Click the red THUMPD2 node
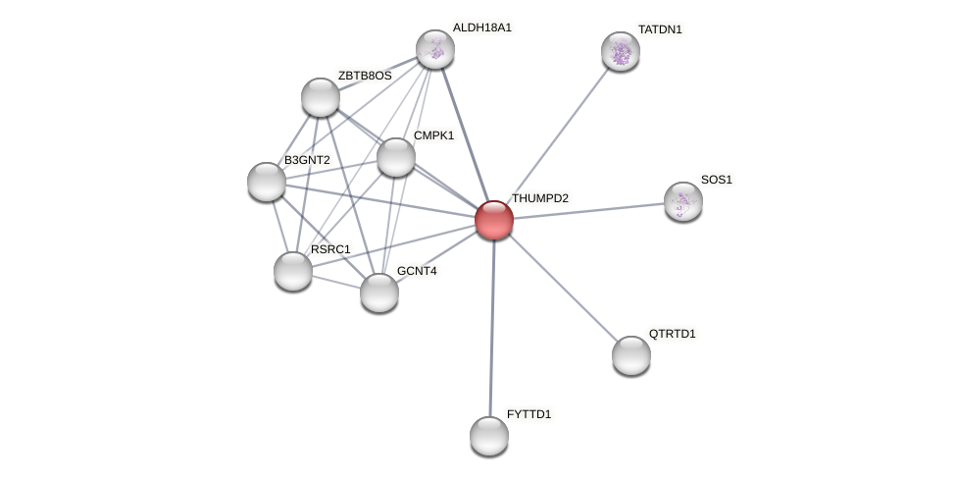coord(494,220)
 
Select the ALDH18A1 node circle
coord(435,49)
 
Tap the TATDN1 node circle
coord(621,51)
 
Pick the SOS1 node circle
coord(683,201)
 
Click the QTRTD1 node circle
coord(631,355)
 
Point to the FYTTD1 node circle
coord(489,436)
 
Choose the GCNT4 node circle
coord(379,293)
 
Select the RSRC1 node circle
coord(293,271)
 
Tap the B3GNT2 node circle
coord(267,182)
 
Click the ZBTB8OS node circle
coord(321,97)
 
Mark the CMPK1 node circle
coord(396,157)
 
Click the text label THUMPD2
coord(539,198)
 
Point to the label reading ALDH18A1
coord(481,27)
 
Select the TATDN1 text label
coord(660,29)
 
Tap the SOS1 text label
coord(716,180)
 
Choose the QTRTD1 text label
coord(672,334)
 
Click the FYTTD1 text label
coord(529,414)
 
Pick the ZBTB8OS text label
coord(365,76)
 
